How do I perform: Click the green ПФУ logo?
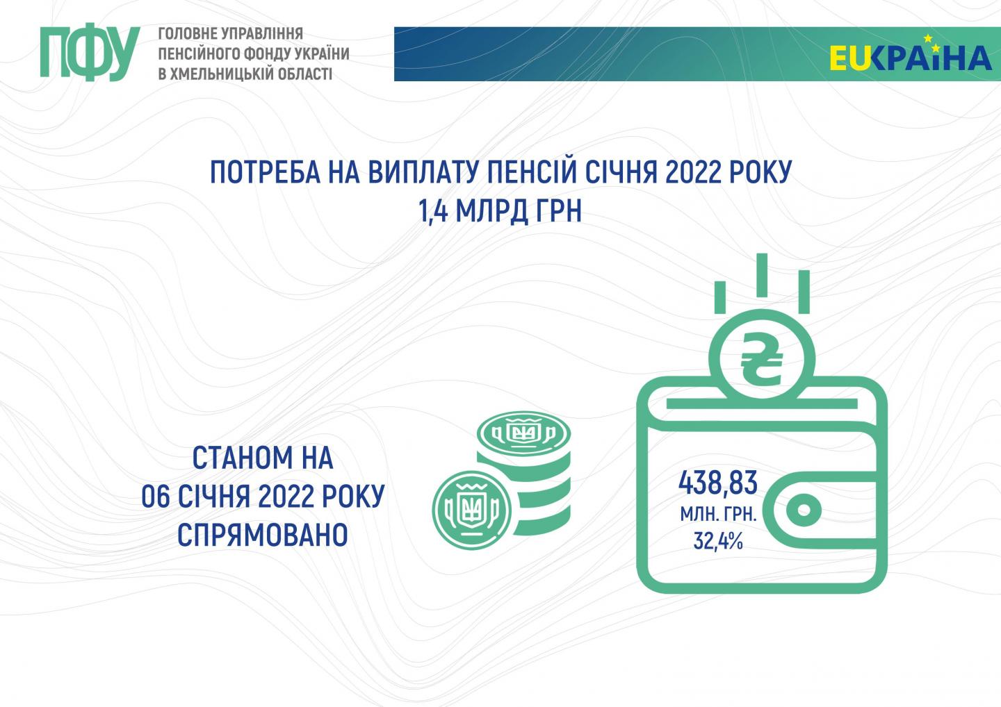(x=90, y=52)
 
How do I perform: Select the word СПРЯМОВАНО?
(x=263, y=534)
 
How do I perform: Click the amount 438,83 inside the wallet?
(x=717, y=483)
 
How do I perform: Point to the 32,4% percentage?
(x=717, y=541)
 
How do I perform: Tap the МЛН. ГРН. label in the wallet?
(x=718, y=515)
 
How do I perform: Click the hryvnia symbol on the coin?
(x=761, y=360)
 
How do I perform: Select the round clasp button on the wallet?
(x=804, y=510)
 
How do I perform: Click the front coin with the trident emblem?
(x=471, y=510)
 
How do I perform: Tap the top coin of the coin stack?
(x=523, y=433)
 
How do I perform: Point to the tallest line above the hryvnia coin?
(x=762, y=275)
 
